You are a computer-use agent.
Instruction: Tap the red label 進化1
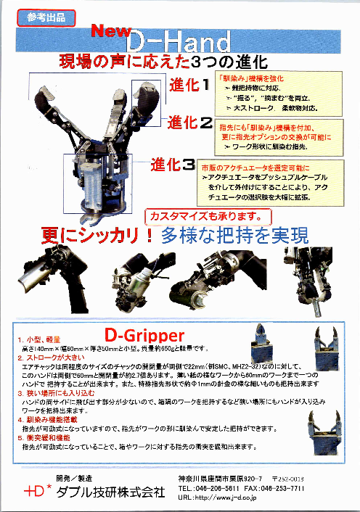tap(189, 84)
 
